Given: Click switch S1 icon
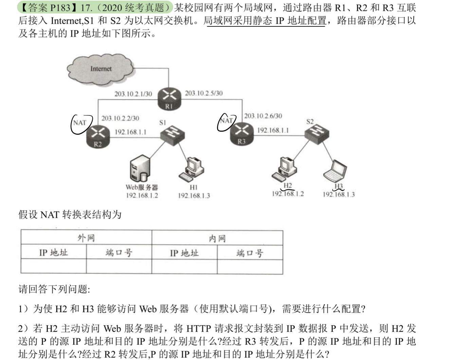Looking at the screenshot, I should coord(172,134).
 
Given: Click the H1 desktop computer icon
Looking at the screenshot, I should coord(192,169).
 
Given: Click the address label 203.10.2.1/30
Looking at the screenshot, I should coord(133,94).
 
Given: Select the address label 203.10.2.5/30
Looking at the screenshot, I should coord(204,93).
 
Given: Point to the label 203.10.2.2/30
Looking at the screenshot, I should coord(120,118).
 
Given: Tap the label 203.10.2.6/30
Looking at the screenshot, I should coord(263,116).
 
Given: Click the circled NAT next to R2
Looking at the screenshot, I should coord(80,123).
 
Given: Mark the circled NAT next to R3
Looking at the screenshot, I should coord(226,120).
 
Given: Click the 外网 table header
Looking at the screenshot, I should coord(86,238).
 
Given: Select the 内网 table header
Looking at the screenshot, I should coord(217,238).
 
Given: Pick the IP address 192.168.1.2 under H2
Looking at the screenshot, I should coord(288,194).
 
